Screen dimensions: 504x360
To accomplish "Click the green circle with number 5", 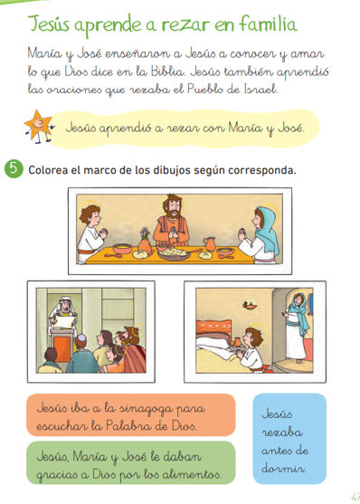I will [14, 169].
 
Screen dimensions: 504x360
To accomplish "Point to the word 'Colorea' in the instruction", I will [50, 169].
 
